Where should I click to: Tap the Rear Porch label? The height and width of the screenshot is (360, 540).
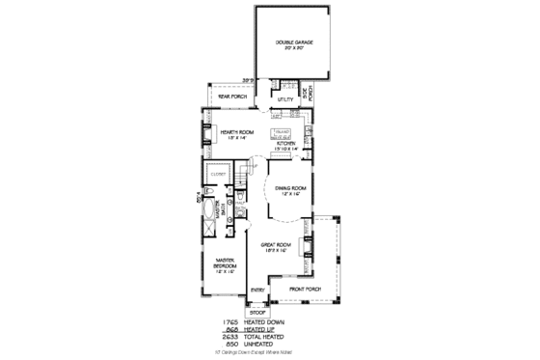(232, 97)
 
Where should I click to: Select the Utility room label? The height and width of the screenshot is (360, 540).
(285, 98)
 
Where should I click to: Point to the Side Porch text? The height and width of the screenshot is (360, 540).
(310, 95)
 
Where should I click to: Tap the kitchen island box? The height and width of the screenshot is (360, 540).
(282, 132)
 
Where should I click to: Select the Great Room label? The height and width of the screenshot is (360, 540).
(277, 247)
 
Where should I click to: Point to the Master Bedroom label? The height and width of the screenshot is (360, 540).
(226, 263)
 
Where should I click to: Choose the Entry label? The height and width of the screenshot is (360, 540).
(257, 289)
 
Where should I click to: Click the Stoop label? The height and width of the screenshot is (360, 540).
(257, 313)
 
